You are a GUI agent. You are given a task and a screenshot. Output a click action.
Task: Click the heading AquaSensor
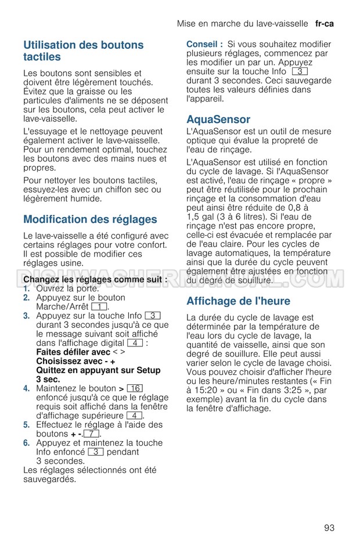pyautogui.click(x=218, y=120)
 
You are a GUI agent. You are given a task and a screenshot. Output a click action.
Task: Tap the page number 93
pyautogui.click(x=329, y=528)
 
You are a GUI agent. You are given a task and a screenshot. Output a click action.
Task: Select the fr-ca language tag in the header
pyautogui.click(x=325, y=24)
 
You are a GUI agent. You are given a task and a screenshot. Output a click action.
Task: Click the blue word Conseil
pyautogui.click(x=204, y=44)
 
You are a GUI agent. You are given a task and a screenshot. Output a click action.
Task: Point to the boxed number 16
pyautogui.click(x=134, y=388)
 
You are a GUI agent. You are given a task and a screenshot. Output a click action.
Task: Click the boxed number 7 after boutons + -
pyautogui.click(x=91, y=434)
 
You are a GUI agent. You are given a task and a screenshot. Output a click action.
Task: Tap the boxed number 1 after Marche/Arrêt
pyautogui.click(x=99, y=306)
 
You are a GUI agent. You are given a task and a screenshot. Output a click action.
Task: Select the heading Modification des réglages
pyautogui.click(x=90, y=219)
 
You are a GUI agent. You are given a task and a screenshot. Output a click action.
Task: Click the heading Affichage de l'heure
pyautogui.click(x=238, y=301)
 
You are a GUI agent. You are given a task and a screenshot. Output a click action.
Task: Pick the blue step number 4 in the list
pyautogui.click(x=26, y=388)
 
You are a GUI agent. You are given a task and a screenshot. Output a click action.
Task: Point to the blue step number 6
pyautogui.click(x=26, y=443)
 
